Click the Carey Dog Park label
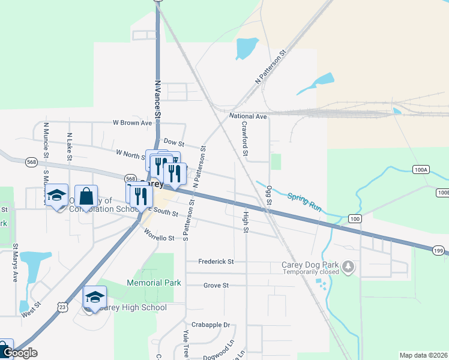click(x=309, y=265)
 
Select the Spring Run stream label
click(x=304, y=200)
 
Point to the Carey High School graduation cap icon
click(x=95, y=296)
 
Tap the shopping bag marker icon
click(x=86, y=195)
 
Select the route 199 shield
click(x=438, y=250)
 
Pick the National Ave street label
click(x=248, y=116)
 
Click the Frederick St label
click(x=216, y=262)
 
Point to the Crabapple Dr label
click(x=214, y=325)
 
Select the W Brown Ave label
click(x=133, y=122)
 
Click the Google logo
click(x=19, y=353)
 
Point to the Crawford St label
click(x=245, y=139)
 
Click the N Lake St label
click(x=70, y=148)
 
